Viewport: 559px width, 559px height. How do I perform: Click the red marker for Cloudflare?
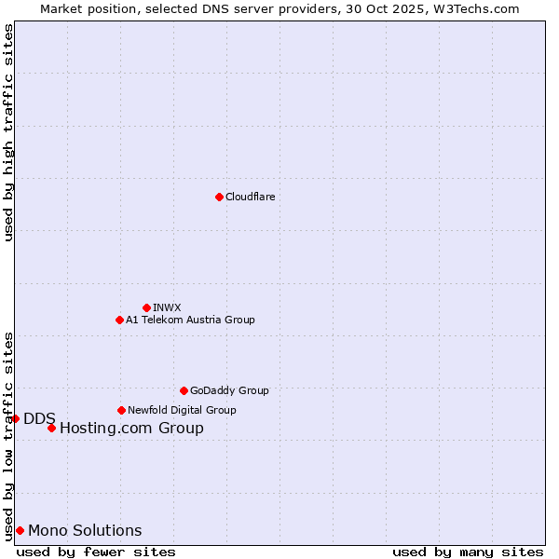coord(219,197)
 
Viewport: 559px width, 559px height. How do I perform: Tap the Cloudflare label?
coord(250,197)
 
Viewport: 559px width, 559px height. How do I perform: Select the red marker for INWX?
coord(146,307)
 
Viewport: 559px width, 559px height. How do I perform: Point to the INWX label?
coord(167,307)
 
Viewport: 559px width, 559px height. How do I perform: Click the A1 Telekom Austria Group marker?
coord(119,320)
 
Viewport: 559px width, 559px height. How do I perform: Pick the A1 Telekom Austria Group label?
coord(190,320)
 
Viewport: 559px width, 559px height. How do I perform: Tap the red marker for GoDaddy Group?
coord(184,390)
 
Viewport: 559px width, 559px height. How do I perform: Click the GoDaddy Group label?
coord(228,390)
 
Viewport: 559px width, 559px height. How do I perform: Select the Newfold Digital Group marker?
coord(121,410)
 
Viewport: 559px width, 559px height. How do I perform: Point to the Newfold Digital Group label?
coord(182,410)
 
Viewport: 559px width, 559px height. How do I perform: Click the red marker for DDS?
coord(16,418)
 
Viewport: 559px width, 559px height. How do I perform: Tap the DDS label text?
coord(39,418)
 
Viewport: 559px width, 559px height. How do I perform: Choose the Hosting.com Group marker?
coord(51,428)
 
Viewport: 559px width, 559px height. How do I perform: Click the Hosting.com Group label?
coord(131,429)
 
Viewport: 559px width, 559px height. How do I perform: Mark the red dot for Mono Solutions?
coord(20,530)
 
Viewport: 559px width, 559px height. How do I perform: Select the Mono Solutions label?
coord(85,531)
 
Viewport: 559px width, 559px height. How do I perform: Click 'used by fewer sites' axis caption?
coord(96,552)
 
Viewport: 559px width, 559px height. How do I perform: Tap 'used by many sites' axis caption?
coord(468,552)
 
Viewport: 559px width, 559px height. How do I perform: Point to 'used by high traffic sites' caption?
coord(8,132)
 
